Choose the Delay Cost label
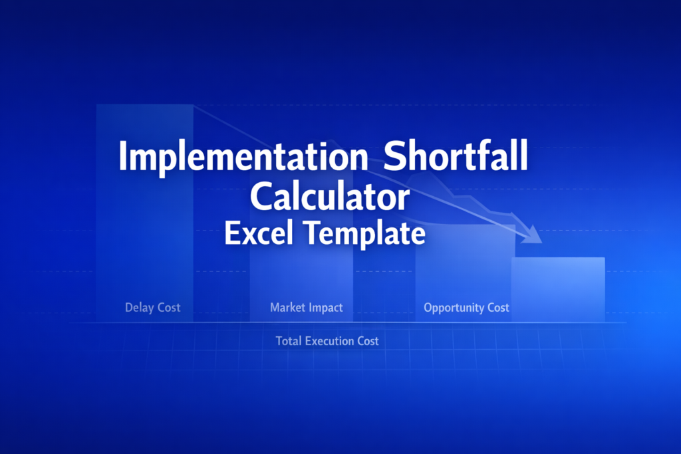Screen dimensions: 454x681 [152, 308]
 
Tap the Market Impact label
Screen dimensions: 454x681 [307, 308]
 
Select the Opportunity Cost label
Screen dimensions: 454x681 [466, 308]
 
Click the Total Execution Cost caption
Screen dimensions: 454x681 [327, 341]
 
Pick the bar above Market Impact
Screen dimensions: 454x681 [301, 279]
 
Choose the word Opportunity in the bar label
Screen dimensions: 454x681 [453, 308]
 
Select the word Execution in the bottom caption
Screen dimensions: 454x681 [329, 341]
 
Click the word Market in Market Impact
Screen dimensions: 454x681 [287, 308]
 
